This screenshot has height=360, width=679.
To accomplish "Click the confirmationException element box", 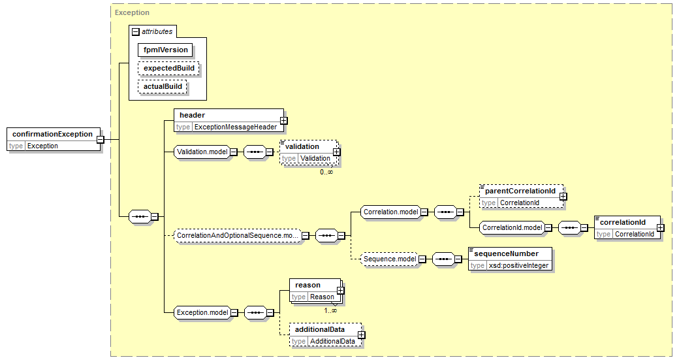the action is pos(54,140).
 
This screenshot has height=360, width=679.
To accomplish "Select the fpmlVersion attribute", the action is pos(165,50).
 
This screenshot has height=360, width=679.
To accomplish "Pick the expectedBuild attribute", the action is pos(169,68).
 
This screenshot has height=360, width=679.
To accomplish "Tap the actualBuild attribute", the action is pos(163,86).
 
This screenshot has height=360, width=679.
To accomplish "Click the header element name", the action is pos(192,115).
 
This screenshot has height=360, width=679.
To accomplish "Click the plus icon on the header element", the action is pos(283,121).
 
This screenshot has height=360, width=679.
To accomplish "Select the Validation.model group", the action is pos(202,152).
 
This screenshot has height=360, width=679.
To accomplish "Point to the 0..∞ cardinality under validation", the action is pos(326,172).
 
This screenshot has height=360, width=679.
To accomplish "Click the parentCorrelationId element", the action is pos(522,197).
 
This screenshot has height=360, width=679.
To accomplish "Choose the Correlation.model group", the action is pos(390,212).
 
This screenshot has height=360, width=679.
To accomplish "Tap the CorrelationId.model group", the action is pos(513,227).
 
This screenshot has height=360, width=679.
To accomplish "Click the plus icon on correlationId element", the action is pos(660,227).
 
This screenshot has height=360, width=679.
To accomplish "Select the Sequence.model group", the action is pos(390,259).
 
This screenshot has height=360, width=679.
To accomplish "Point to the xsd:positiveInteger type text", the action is pos(519,265).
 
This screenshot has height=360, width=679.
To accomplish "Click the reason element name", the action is pos(308,285).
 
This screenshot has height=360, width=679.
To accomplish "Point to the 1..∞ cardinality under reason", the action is pos(330,310).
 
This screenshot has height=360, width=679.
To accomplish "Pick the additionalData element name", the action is pos(320,329).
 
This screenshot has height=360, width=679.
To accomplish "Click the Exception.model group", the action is pos(202,313).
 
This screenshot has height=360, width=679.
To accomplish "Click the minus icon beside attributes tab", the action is pos(136,31).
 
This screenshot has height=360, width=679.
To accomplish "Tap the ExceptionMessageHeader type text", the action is pos(236,127).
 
